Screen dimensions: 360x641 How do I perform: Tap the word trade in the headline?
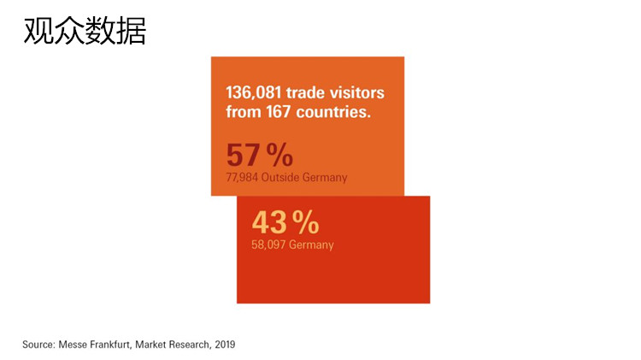tap(312, 92)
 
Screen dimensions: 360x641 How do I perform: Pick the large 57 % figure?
tap(259, 156)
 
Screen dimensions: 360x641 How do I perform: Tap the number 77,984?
tap(242, 178)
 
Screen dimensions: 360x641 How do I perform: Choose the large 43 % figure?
tap(285, 223)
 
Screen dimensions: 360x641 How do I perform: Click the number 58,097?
tap(268, 245)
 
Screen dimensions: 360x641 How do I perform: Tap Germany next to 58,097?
tap(310, 245)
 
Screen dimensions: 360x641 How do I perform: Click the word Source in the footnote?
tap(38, 345)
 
